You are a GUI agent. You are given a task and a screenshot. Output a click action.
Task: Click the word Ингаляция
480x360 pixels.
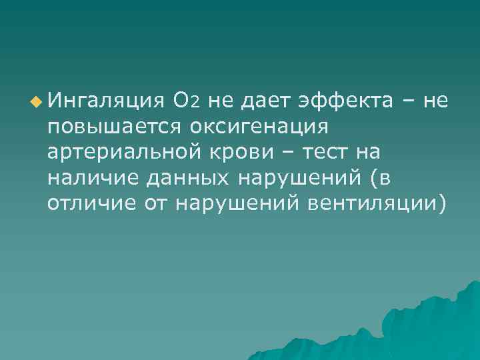click(x=105, y=101)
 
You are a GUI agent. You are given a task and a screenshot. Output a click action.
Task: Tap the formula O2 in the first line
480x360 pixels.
click(x=185, y=101)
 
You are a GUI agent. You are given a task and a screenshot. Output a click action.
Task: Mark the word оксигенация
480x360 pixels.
click(x=257, y=127)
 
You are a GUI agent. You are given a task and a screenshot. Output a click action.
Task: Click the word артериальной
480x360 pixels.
click(x=129, y=153)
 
